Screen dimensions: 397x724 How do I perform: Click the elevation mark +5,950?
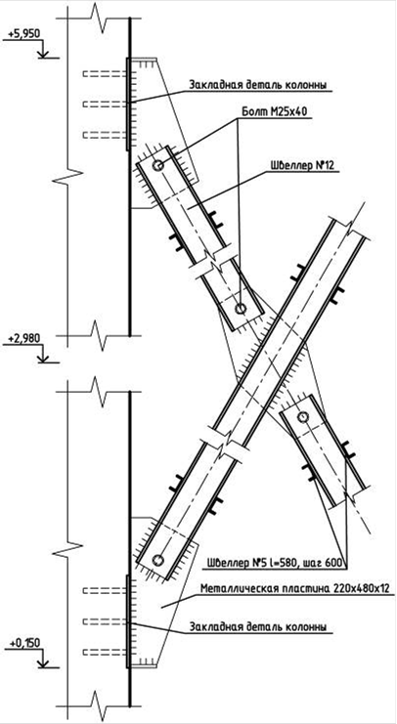pyautogui.click(x=23, y=33)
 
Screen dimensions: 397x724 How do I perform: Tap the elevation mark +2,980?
pyautogui.click(x=23, y=338)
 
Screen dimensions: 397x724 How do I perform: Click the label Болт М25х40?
pyautogui.click(x=275, y=111)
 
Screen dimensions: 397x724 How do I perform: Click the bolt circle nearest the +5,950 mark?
pyautogui.click(x=158, y=165)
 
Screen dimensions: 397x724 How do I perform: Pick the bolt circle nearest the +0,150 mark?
pyautogui.click(x=158, y=560)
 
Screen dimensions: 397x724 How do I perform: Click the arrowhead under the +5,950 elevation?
pyautogui.click(x=43, y=55)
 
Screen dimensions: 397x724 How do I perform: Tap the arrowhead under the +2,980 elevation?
pyautogui.click(x=43, y=360)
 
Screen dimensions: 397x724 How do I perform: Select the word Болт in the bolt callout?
pyautogui.click(x=253, y=111)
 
